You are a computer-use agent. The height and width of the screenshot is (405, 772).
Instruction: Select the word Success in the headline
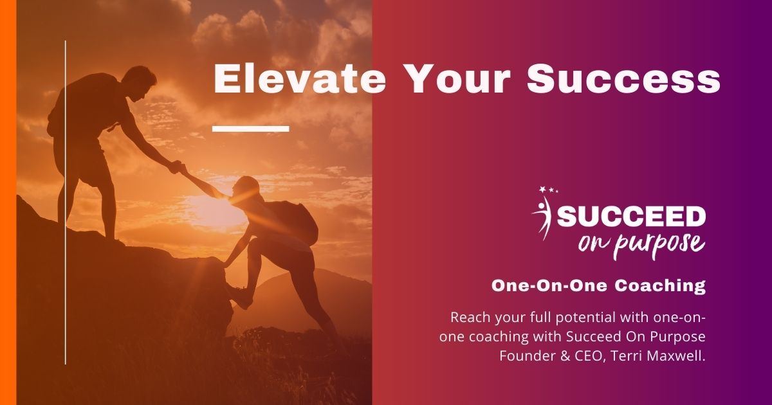[x=623, y=80]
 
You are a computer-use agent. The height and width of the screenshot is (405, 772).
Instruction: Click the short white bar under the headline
[x=250, y=129]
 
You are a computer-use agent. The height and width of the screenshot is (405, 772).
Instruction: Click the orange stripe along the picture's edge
[x=8, y=203]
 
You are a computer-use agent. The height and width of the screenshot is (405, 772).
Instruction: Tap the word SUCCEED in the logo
[x=631, y=217]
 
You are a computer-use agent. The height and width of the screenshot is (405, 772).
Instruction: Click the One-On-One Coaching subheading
[x=598, y=286]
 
